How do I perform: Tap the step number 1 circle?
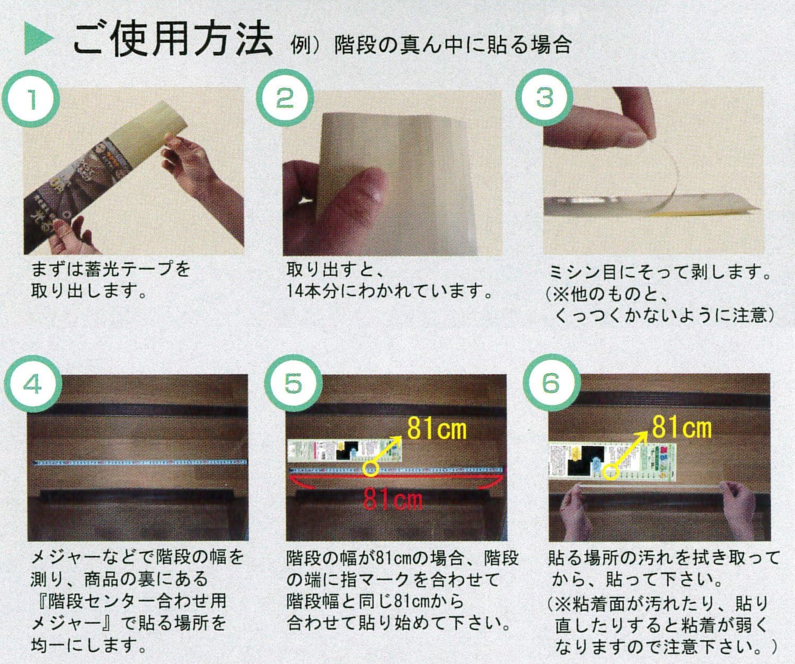[32, 99]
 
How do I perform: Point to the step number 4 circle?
[32, 386]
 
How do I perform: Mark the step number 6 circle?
[551, 383]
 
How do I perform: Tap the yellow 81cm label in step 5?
[437, 430]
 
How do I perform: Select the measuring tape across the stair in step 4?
[138, 462]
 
